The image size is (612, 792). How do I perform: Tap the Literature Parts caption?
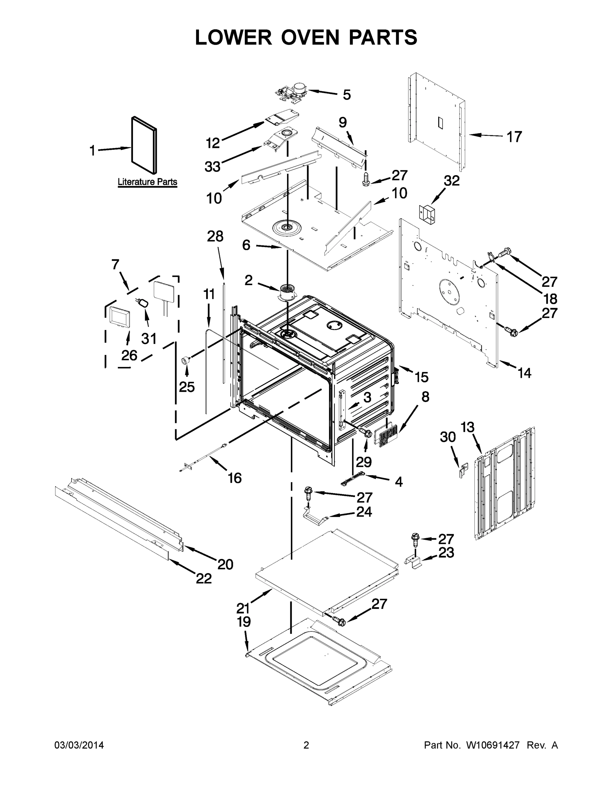click(x=147, y=182)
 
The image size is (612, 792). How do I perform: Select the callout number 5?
click(x=347, y=95)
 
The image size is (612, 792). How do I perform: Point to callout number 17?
click(x=514, y=137)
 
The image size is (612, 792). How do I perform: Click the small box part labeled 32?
click(x=427, y=213)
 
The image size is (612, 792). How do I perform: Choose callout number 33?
click(x=212, y=167)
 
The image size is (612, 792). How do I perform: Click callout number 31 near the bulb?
click(x=149, y=338)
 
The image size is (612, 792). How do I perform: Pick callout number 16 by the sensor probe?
click(x=235, y=478)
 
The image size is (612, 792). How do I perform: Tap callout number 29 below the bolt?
click(x=364, y=462)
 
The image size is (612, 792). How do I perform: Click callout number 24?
click(x=364, y=512)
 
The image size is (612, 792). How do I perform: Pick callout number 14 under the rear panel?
click(x=524, y=373)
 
